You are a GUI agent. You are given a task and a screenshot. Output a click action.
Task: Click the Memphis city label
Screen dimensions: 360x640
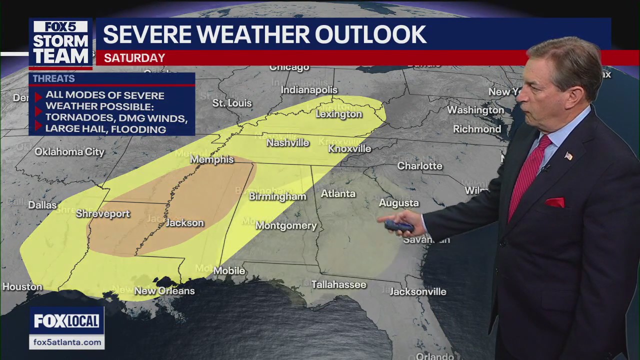pos(212,159)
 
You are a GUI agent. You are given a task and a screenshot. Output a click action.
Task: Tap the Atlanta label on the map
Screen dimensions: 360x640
pos(338,193)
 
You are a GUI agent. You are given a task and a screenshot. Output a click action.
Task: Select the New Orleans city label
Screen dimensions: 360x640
pos(164,290)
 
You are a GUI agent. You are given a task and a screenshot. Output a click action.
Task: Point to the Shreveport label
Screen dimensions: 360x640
pos(103,213)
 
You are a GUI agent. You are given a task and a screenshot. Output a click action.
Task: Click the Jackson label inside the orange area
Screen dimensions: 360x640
pos(184,223)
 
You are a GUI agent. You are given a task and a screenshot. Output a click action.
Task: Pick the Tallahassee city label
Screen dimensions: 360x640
pos(338,284)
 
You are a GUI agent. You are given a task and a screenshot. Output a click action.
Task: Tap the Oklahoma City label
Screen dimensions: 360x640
pos(69,151)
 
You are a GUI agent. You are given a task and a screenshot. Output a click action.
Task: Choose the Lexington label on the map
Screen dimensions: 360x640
pos(338,114)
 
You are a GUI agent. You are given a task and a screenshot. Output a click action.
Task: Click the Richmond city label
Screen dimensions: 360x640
pos(476,129)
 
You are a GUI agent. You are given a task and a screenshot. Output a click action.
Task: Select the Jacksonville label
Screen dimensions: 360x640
pos(417,291)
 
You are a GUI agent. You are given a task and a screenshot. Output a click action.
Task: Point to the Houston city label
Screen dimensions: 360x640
pos(22,286)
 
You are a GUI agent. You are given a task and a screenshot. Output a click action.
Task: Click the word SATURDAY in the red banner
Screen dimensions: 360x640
pos(134,58)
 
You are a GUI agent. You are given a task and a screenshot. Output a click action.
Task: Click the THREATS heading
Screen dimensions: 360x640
pos(54,78)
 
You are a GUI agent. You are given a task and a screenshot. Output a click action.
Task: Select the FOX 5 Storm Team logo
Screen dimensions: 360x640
pos(60,43)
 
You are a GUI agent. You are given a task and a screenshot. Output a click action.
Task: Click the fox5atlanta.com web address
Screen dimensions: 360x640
pos(66,342)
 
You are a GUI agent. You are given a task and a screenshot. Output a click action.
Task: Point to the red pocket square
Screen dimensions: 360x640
pos(554,202)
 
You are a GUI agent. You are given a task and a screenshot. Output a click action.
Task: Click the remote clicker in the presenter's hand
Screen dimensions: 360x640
pos(398,226)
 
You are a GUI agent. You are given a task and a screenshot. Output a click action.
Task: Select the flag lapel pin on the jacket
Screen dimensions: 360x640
pos(568,156)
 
